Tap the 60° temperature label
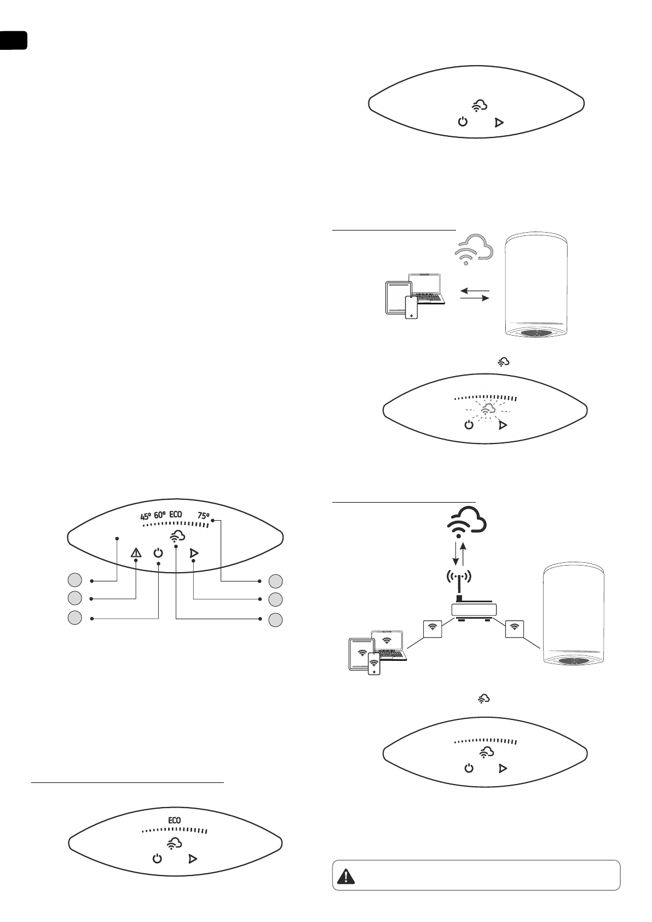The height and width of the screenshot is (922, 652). click(160, 515)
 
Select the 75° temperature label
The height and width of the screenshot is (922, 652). click(203, 515)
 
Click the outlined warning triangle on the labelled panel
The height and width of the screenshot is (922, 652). click(136, 553)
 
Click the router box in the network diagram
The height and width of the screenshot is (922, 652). click(474, 610)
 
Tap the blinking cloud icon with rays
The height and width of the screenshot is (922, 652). click(487, 410)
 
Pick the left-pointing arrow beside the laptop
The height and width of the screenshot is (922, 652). click(474, 290)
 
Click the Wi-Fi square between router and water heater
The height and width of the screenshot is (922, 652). click(514, 627)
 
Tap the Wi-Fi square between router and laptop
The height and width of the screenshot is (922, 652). click(433, 627)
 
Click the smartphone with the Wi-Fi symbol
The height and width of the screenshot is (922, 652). click(374, 664)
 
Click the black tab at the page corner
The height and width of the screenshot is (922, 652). click(13, 41)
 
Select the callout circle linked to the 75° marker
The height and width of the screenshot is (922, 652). click(276, 580)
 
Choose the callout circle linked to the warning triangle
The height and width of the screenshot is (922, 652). click(75, 597)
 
